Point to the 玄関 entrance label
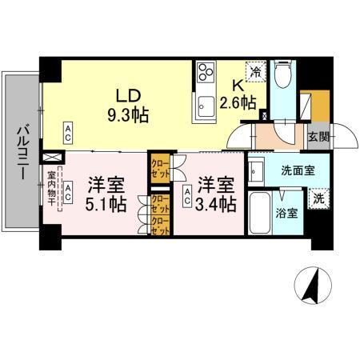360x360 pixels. pyautogui.click(x=318, y=137)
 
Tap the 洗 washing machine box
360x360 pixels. pyautogui.click(x=318, y=197)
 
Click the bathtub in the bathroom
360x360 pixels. pyautogui.click(x=261, y=213)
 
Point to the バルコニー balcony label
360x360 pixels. pyautogui.click(x=23, y=153)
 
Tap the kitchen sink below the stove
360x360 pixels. pyautogui.click(x=206, y=102)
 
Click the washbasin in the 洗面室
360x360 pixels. pyautogui.click(x=257, y=170)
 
